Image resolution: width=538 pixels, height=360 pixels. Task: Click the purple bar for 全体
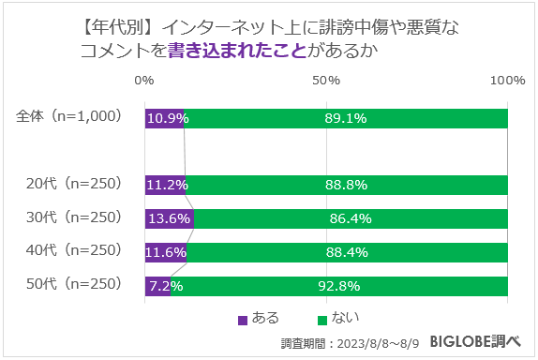(x=165, y=118)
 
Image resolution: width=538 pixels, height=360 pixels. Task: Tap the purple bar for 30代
(x=170, y=218)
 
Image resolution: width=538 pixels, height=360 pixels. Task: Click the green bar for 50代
(x=339, y=286)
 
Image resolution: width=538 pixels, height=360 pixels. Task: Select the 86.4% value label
(x=351, y=218)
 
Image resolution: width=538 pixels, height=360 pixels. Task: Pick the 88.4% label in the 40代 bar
(x=348, y=252)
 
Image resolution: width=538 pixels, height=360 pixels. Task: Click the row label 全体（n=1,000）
(x=69, y=117)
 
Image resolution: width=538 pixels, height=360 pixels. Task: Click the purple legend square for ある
(x=244, y=319)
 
